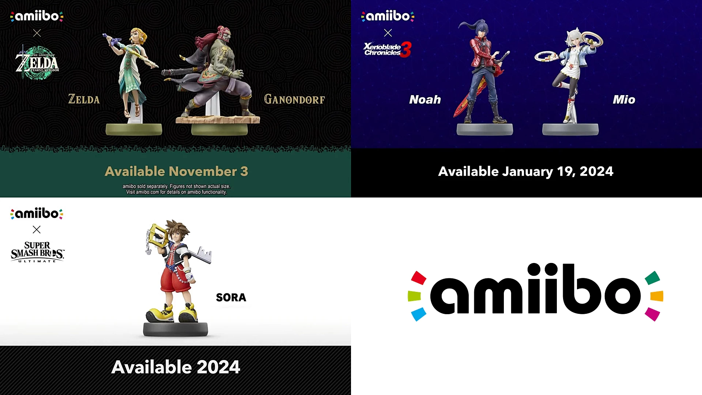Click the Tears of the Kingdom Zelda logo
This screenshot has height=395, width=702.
(37, 63)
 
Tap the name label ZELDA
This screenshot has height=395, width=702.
(84, 99)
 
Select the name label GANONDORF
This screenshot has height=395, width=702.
(294, 99)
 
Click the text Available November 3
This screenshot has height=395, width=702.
(176, 171)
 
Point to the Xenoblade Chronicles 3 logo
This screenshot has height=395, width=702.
(388, 49)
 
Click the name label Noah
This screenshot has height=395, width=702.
(425, 99)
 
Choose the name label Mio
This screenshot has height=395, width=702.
(624, 99)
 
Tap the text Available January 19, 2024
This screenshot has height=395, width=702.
(526, 171)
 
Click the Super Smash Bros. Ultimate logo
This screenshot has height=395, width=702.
(37, 252)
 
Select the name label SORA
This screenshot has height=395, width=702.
(231, 297)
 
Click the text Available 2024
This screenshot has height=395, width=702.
(175, 367)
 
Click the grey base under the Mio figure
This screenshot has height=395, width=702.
(570, 129)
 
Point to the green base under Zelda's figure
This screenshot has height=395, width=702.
(134, 129)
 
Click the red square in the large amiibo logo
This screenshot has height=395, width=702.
(419, 278)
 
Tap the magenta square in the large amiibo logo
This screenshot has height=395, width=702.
(652, 314)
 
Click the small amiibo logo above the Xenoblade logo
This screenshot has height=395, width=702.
(388, 16)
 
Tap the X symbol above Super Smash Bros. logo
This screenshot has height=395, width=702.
(37, 229)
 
